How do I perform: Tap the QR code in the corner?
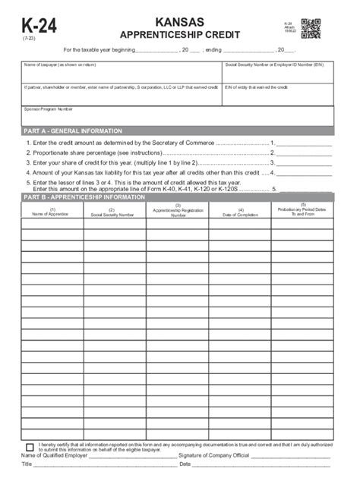(311, 29)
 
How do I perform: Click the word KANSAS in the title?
(180, 23)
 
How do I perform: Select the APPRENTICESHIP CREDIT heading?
(180, 35)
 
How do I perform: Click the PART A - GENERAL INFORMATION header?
(68, 131)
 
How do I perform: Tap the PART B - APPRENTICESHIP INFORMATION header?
(84, 197)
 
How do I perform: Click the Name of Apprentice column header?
(52, 212)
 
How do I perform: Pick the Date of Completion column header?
(240, 212)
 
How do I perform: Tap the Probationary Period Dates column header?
(302, 210)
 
